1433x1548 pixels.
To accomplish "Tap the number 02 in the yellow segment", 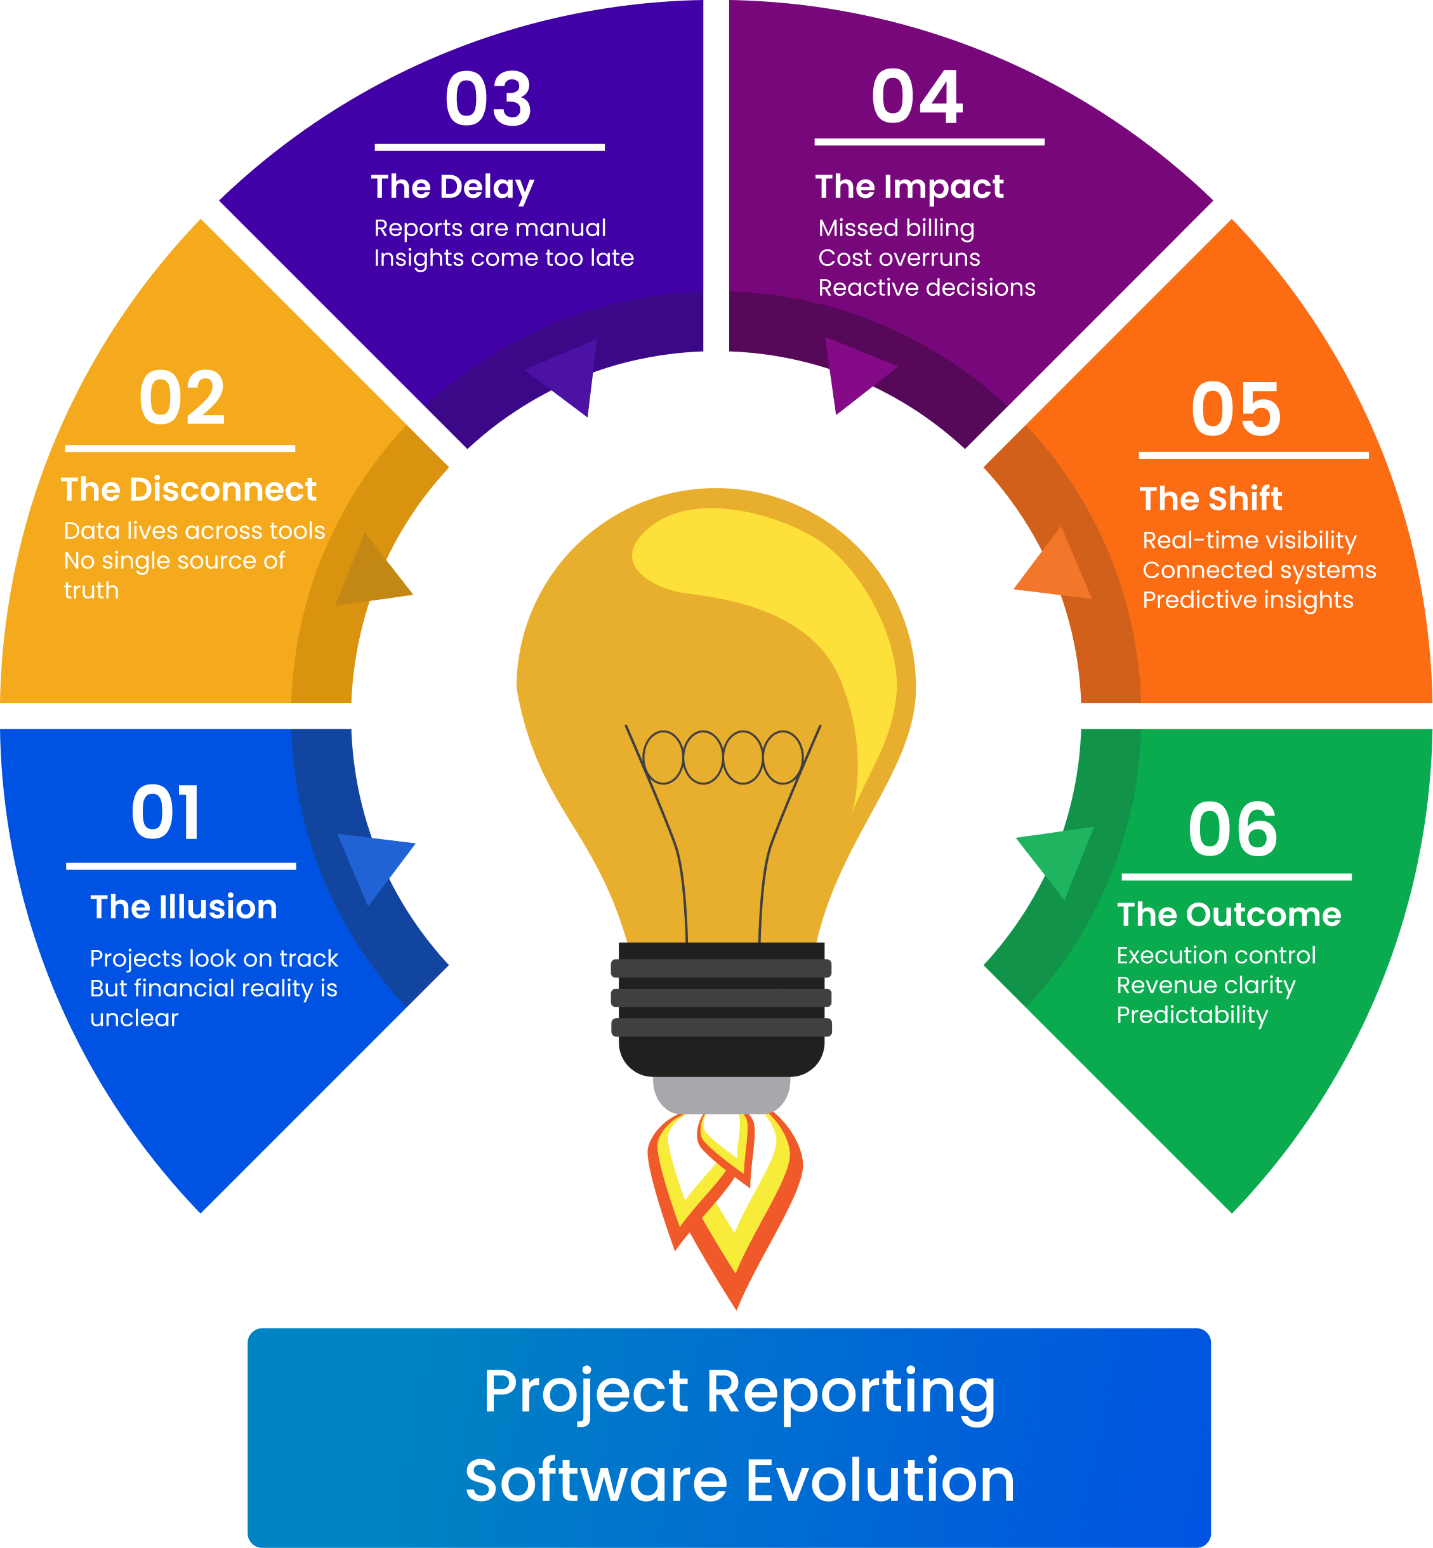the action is point(182,397).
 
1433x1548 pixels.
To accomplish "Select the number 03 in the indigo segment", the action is point(489,98).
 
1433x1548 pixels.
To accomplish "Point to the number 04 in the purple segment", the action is point(917,96).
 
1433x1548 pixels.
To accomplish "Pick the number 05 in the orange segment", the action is point(1236,409).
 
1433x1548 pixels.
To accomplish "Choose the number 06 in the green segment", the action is point(1233,829).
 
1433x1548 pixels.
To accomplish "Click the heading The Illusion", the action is point(184,906).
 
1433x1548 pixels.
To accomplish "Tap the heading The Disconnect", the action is point(188,489).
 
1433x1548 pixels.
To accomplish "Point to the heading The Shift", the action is point(1210,499).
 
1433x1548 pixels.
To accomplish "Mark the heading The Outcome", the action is point(1229,915).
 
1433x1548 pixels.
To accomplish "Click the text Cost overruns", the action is point(899,258).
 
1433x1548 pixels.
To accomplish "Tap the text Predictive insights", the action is point(1248,600).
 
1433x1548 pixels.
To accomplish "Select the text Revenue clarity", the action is point(1206,985).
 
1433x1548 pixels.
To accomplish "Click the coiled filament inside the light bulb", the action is point(723,757).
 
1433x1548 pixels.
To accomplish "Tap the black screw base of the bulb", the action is point(721,1009).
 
